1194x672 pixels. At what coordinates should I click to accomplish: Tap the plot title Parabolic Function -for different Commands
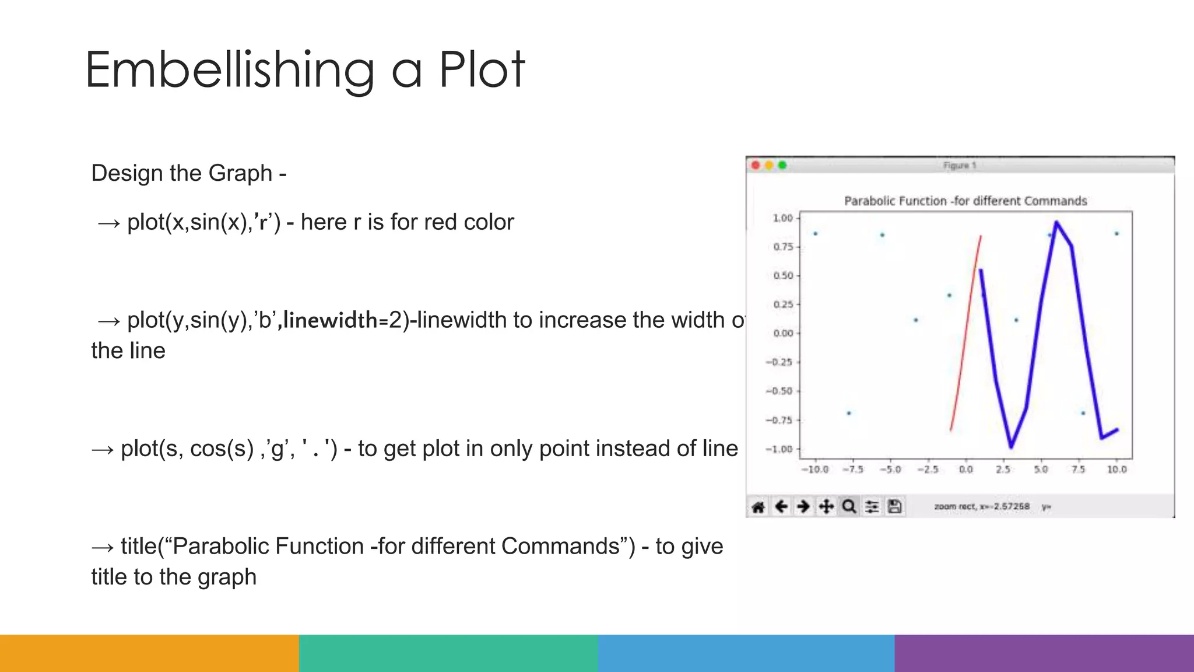coord(965,201)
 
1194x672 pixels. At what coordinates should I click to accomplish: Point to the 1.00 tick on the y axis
coord(783,218)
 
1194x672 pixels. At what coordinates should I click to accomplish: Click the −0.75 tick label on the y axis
coord(779,420)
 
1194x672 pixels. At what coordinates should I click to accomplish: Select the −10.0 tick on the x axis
coord(814,470)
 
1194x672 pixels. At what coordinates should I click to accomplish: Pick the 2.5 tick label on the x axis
coord(1003,470)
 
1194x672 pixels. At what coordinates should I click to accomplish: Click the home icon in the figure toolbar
coord(758,506)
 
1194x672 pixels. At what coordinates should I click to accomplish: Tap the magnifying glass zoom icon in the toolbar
coord(849,506)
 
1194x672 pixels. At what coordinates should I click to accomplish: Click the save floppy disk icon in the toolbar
coord(895,506)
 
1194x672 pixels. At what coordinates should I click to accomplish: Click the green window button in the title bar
coord(782,166)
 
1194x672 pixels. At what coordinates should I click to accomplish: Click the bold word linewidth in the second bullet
coord(331,320)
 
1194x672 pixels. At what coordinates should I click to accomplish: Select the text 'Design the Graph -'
coord(188,173)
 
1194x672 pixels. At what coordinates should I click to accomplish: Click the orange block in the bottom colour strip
coord(149,653)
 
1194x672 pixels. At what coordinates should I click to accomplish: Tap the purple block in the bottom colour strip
coord(1044,653)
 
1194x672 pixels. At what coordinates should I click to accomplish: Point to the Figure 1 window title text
coord(960,166)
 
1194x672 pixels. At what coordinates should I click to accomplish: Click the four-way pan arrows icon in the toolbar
coord(826,506)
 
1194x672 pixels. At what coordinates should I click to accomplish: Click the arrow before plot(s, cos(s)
coord(103,449)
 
